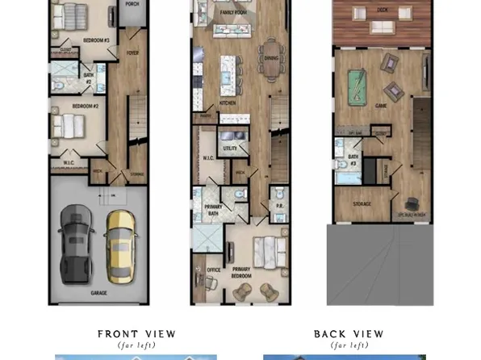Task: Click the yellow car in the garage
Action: [x=120, y=239]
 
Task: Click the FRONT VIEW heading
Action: [x=136, y=333]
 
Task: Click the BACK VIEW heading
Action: [x=349, y=333]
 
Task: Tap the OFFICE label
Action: [x=214, y=270]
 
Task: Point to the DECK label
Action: [x=381, y=10]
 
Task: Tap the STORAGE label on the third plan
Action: [x=362, y=203]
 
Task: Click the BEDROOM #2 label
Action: [x=84, y=107]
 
